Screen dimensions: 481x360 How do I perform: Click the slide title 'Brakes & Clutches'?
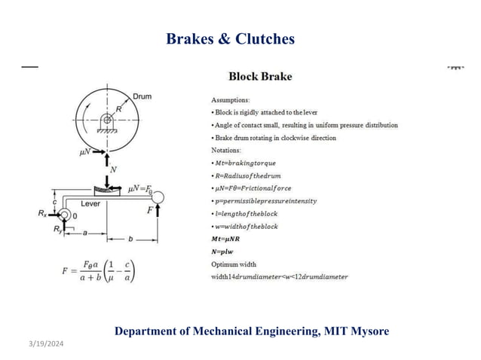pos(229,38)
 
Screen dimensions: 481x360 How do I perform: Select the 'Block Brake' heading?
pos(260,76)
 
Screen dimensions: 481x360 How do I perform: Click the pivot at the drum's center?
pos(108,120)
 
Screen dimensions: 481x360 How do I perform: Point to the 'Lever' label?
pos(90,203)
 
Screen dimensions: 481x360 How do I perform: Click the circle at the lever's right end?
pos(160,198)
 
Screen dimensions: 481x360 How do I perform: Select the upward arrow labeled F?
pos(158,215)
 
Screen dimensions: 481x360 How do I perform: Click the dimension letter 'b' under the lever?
pos(131,239)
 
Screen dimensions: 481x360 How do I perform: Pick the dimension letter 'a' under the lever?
pos(85,234)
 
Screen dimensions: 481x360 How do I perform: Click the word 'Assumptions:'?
pos(232,99)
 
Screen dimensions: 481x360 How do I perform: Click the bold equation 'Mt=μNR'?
pos(228,239)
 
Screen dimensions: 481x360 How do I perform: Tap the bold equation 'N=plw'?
pos(225,252)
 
